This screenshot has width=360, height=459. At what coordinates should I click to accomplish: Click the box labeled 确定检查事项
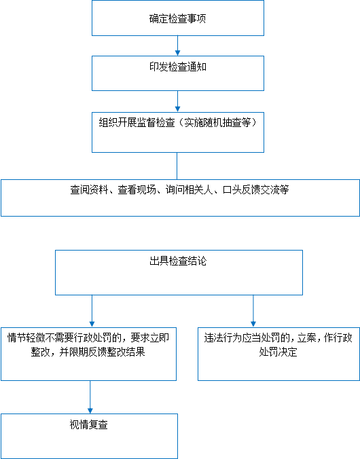coord(178,18)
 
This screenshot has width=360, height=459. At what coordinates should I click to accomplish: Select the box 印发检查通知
coord(178,73)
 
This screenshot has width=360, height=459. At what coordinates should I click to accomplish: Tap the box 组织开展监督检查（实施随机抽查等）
coord(178,132)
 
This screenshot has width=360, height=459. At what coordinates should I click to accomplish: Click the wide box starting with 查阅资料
coord(180,198)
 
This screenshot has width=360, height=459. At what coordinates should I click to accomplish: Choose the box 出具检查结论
coord(179,272)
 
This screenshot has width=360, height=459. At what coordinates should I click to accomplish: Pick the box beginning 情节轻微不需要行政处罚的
coord(88,354)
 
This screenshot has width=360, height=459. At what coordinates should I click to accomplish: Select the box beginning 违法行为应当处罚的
coord(279,354)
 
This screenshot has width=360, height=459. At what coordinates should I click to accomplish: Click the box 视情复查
coord(89,436)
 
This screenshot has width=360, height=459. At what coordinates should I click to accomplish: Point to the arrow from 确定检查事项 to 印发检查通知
coord(177,45)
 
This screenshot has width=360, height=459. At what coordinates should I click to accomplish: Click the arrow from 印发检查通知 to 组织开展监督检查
coord(177,101)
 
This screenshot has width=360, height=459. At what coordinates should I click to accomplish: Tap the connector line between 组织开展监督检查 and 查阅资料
coord(177,166)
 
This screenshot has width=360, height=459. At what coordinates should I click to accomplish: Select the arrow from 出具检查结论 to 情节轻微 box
coord(92,311)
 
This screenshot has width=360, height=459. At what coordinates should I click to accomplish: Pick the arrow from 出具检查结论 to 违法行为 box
coord(253,311)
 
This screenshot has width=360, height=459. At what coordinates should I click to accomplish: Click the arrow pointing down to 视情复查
coord(90,397)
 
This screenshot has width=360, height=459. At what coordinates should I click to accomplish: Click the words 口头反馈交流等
coord(255,189)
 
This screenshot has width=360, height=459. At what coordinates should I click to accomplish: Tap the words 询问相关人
coord(190,189)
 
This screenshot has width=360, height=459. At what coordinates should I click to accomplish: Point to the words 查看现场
coord(137,189)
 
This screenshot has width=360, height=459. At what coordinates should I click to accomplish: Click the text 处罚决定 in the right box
coord(278,352)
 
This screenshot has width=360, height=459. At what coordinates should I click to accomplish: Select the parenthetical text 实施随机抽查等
coord(217,122)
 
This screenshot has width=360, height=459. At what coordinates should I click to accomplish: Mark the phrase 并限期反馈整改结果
coord(103,352)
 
